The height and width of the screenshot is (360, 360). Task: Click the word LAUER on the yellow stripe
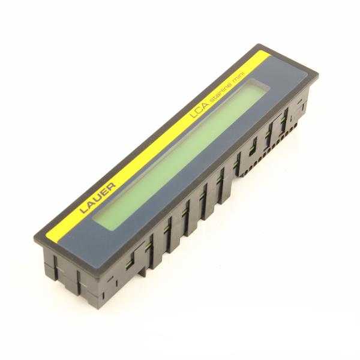[x=98, y=197]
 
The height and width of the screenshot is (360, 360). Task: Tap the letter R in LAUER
[x=112, y=186]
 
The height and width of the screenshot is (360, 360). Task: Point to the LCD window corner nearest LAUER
[x=93, y=218]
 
